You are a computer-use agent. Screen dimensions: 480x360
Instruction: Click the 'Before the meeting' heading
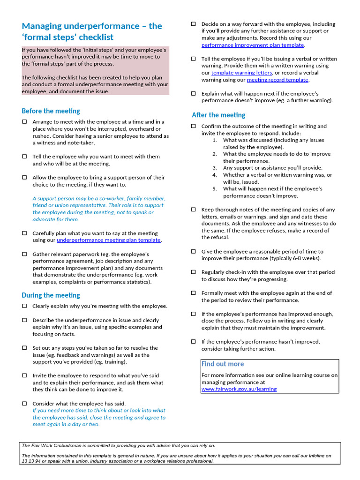click(x=51, y=111)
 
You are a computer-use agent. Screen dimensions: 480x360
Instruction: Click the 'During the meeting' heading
click(x=51, y=295)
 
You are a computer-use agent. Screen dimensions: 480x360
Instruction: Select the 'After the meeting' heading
click(x=218, y=115)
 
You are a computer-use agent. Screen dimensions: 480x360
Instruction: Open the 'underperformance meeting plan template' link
click(x=108, y=240)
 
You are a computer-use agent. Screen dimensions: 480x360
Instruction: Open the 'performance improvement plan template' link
click(x=253, y=45)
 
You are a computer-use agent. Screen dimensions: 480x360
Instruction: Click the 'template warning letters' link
click(x=241, y=73)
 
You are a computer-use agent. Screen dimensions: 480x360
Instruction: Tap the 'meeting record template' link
click(x=277, y=80)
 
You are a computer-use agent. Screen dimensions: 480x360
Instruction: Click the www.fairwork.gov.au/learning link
click(x=239, y=389)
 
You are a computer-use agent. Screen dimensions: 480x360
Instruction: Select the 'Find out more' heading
click(x=223, y=364)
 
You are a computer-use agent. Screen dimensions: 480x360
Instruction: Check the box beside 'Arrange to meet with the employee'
click(x=24, y=122)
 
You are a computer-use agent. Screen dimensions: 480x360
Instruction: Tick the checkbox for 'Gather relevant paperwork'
click(x=24, y=254)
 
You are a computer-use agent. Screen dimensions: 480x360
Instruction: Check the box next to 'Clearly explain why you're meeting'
click(x=24, y=306)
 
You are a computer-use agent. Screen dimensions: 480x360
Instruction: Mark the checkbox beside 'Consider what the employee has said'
click(x=24, y=404)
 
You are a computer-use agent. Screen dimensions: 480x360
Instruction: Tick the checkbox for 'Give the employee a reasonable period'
click(x=193, y=251)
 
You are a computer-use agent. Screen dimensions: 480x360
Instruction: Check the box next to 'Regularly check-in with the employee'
click(x=193, y=272)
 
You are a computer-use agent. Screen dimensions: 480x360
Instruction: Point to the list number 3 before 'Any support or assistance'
click(x=214, y=168)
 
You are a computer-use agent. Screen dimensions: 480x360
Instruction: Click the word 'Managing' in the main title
click(x=45, y=26)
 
